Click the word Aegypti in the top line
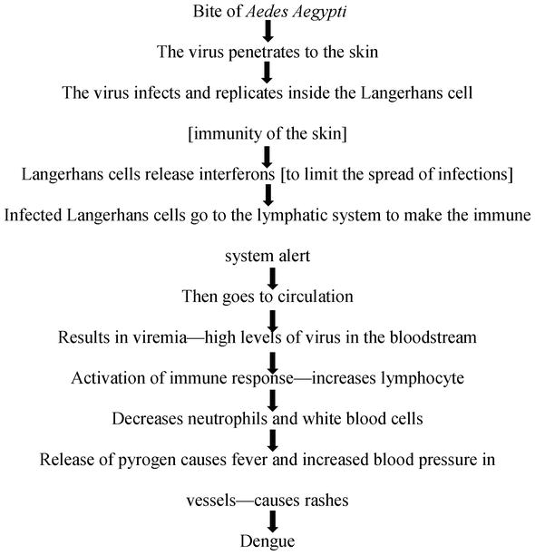click(x=320, y=12)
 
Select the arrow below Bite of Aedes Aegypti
click(x=267, y=31)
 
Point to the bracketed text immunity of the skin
click(x=267, y=134)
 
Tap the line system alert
click(x=267, y=256)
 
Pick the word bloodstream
click(x=433, y=337)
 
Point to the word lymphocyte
click(x=423, y=378)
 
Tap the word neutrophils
click(x=228, y=419)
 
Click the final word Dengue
click(x=267, y=541)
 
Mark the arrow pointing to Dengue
click(x=272, y=521)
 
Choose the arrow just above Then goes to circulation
click(x=272, y=278)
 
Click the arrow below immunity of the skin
click(x=267, y=157)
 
